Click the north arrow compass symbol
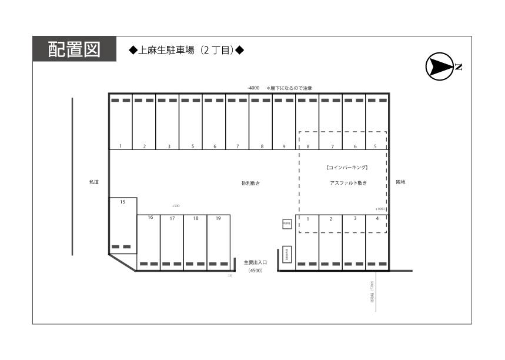tap(439, 66)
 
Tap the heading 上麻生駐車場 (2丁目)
tap(186, 51)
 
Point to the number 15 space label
tap(122, 202)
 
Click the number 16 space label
tap(151, 218)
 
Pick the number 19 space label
tap(218, 218)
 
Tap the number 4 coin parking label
tap(377, 218)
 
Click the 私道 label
tap(93, 182)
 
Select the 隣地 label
tap(400, 182)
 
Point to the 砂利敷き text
tap(250, 184)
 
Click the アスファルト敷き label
tap(348, 184)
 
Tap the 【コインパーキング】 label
tap(347, 168)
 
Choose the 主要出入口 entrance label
tap(255, 262)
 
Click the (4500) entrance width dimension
tap(255, 271)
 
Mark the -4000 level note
tap(253, 88)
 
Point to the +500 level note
tap(175, 206)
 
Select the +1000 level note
tap(380, 209)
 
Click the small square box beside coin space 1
tap(287, 224)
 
